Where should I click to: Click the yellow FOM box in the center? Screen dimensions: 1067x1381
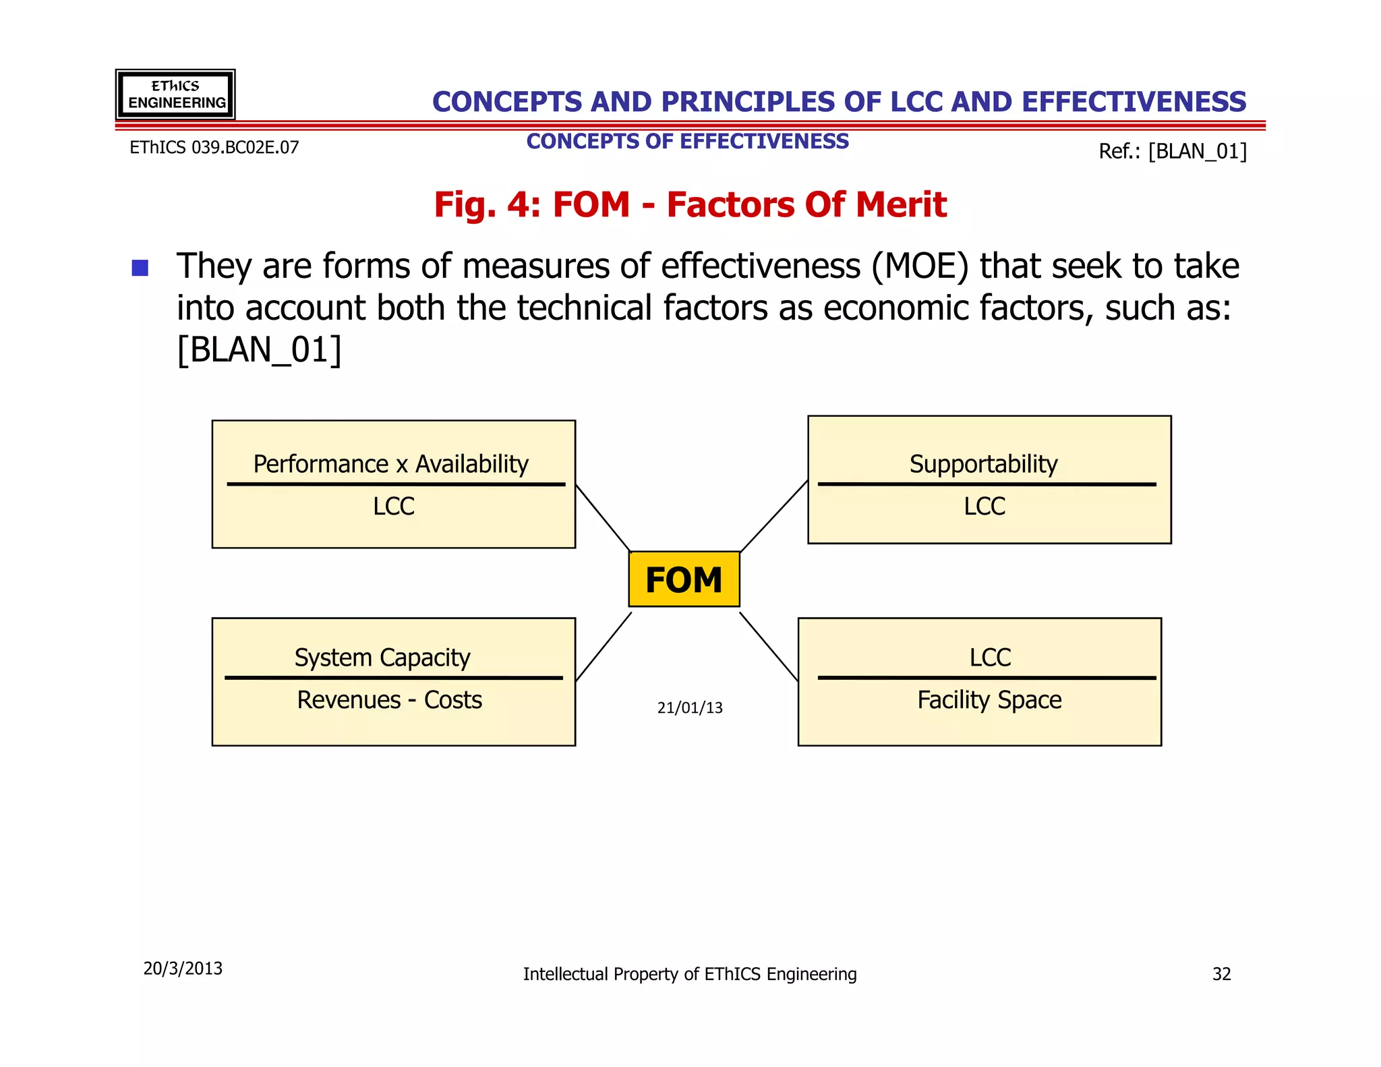click(x=684, y=579)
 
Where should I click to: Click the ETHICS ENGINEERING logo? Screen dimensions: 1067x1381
click(x=175, y=94)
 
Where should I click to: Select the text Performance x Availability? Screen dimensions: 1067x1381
click(x=390, y=464)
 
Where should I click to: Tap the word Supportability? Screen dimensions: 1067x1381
click(x=983, y=464)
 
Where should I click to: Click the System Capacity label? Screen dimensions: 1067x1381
click(x=382, y=658)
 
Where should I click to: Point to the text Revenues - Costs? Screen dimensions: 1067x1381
click(x=390, y=700)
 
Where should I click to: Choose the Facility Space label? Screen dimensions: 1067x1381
click(x=989, y=700)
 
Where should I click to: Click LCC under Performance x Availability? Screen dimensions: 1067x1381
click(x=394, y=507)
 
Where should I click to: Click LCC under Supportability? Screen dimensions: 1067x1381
click(x=985, y=507)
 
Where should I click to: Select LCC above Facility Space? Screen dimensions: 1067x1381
click(x=990, y=658)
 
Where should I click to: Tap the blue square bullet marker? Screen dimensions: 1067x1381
click(x=140, y=268)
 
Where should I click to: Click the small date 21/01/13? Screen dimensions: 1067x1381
click(x=690, y=708)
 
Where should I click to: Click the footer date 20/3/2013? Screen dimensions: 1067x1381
click(x=183, y=969)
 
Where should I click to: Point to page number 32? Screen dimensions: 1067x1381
click(x=1221, y=974)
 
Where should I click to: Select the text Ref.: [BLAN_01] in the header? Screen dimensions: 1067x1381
click(x=1173, y=151)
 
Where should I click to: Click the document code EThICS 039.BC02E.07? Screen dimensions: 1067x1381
click(x=214, y=148)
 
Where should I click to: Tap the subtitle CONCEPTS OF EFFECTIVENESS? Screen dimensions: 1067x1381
click(x=687, y=142)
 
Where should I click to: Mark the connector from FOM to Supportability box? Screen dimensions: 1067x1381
click(x=774, y=516)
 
